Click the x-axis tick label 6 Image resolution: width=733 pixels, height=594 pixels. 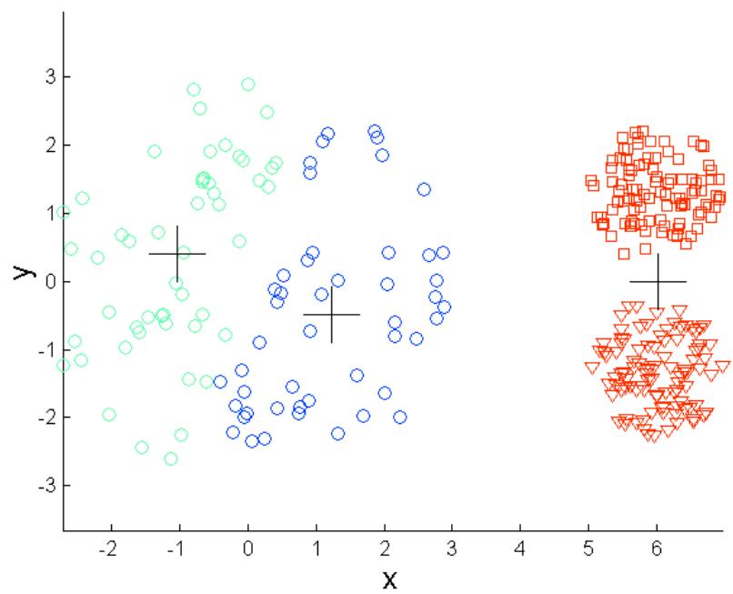coord(657,549)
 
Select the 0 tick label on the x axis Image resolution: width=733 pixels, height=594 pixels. coord(247,549)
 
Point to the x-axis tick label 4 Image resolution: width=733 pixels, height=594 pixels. coord(520,549)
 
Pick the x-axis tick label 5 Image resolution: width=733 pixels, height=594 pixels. coord(588,549)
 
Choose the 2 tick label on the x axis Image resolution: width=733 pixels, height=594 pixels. coord(384,549)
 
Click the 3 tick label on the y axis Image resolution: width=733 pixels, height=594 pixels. coord(44,76)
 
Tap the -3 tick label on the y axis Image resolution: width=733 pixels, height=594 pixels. coord(41,486)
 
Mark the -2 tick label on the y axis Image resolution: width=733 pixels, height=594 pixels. coord(41,418)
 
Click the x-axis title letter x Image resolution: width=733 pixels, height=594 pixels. coord(389,579)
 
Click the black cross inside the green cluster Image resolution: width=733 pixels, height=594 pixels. coord(177,254)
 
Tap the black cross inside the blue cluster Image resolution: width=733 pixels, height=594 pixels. coord(332,314)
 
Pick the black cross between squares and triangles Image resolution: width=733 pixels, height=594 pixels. coord(658,282)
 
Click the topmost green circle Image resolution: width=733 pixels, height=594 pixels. coord(247,84)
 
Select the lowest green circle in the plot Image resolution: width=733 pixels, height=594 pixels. coord(170,458)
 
